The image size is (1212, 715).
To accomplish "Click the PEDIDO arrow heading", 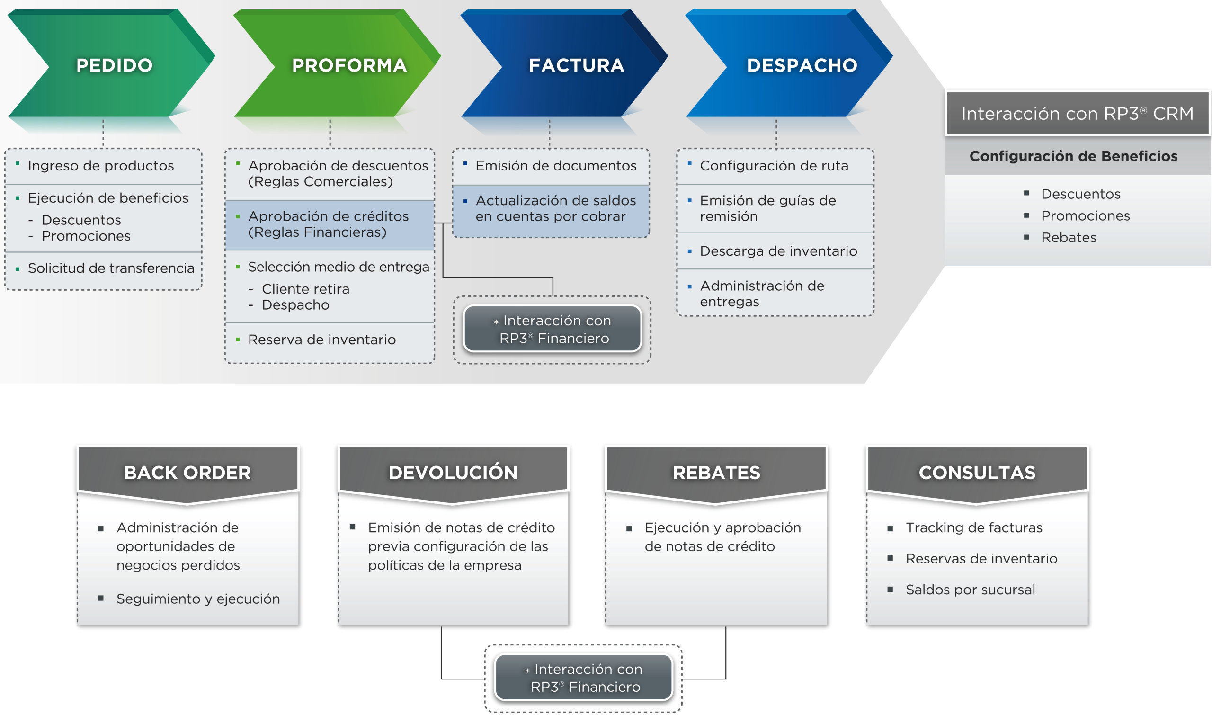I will (x=114, y=65).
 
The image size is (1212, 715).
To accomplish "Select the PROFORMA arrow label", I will (x=349, y=65).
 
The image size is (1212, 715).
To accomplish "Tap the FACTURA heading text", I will (x=576, y=65).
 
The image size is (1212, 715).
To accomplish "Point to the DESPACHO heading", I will (x=802, y=65).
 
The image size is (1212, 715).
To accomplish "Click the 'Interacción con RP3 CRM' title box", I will (x=1077, y=114).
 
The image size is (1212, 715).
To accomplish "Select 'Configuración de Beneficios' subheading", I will (x=1073, y=156).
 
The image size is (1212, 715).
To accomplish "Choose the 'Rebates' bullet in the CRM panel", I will (x=1069, y=238).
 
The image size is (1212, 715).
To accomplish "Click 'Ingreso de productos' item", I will (x=101, y=166).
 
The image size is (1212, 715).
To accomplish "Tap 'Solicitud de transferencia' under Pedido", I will (x=111, y=268).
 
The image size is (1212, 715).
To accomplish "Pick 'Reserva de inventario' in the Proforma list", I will (x=321, y=340).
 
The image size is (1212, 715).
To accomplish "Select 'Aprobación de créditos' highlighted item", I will (x=328, y=224).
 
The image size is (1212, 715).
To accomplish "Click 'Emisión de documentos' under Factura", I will (x=555, y=166).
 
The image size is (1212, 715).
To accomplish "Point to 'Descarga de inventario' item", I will (x=778, y=251).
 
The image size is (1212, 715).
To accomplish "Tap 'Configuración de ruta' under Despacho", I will (x=774, y=166).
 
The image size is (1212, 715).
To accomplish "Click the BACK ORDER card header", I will (x=187, y=473).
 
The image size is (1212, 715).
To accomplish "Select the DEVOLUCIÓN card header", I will (x=453, y=473).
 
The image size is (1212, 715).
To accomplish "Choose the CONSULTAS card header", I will (x=977, y=473).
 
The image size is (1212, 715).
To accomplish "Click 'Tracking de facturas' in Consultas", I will (x=973, y=527).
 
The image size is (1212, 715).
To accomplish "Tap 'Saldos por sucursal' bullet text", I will (x=970, y=590).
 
